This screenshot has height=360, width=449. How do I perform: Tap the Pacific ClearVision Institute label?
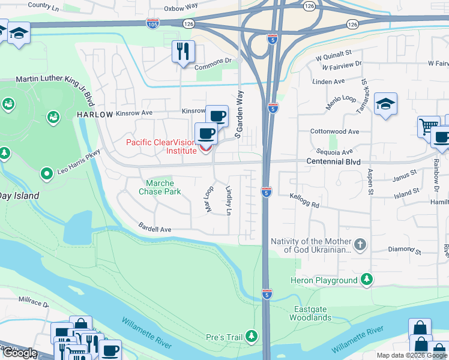[161, 146]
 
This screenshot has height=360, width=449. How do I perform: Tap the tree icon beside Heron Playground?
[366, 280]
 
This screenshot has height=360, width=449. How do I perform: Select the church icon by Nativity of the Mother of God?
[360, 245]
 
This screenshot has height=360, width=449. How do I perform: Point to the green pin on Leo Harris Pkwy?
[46, 175]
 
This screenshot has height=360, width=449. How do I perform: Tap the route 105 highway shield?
[152, 23]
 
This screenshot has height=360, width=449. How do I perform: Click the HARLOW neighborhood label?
[94, 115]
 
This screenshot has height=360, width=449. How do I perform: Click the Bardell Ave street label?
[155, 229]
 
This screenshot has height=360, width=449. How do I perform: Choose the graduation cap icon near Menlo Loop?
[385, 104]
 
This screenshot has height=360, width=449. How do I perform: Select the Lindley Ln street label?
[229, 200]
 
